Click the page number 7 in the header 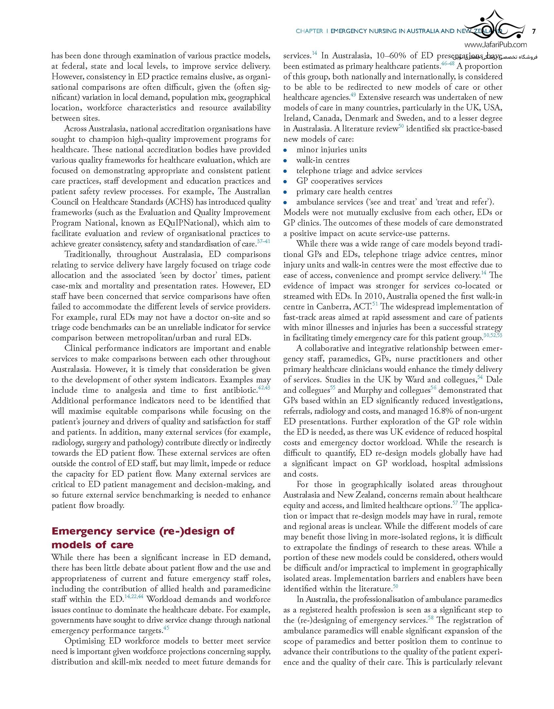[x=534, y=31]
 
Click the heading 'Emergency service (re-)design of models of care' [x=143, y=537]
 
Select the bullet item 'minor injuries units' [x=331, y=150]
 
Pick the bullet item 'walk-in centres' [x=323, y=160]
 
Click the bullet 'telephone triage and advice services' [x=359, y=171]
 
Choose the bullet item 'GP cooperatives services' [x=339, y=181]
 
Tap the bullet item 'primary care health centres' [x=344, y=191]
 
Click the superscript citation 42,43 [x=264, y=388]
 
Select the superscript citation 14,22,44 [x=134, y=597]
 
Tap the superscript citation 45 [x=166, y=628]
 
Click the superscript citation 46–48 [x=448, y=64]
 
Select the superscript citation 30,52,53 [x=492, y=335]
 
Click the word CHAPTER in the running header [x=309, y=31]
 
